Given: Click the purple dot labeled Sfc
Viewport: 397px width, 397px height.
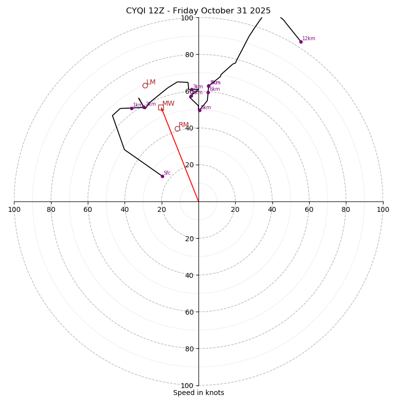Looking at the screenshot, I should click(x=162, y=176).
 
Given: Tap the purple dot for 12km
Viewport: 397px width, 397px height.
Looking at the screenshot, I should click(x=301, y=42).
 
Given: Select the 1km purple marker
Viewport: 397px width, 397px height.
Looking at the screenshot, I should click(x=132, y=108).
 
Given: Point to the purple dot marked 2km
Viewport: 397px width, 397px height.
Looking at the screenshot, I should click(x=144, y=107).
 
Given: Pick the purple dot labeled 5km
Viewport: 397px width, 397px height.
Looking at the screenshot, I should click(x=209, y=86).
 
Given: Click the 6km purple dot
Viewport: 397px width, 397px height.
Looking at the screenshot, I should click(x=208, y=92).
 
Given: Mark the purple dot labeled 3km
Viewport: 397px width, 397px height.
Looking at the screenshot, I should click(x=192, y=89).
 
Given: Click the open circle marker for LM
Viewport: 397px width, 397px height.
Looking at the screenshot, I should click(x=145, y=85).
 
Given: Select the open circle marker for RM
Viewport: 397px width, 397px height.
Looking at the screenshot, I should click(x=177, y=129).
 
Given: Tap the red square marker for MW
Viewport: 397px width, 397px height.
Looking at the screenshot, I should click(x=161, y=107).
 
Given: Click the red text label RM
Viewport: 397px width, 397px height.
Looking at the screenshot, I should click(x=184, y=125).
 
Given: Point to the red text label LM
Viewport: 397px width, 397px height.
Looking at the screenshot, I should click(x=151, y=82).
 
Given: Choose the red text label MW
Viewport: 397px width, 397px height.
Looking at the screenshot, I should click(x=168, y=104).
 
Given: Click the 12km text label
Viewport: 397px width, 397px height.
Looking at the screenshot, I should click(x=309, y=39).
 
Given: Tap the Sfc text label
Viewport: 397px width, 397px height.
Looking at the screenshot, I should click(x=167, y=173).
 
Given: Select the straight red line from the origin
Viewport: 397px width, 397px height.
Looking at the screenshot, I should click(x=180, y=154).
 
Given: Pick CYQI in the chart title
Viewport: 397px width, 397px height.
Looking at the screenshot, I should click(x=135, y=11).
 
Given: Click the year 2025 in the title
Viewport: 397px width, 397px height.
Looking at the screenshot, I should click(x=260, y=11).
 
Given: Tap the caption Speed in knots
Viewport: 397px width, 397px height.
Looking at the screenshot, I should click(x=198, y=393).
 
